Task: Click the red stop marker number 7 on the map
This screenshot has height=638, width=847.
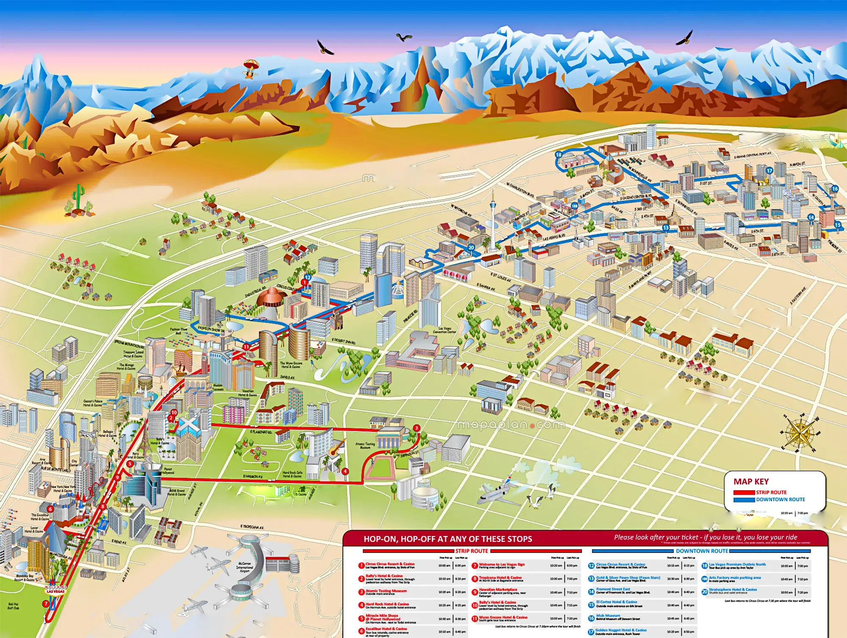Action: pyautogui.click(x=46, y=604)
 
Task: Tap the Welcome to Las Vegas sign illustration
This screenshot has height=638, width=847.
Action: pyautogui.click(x=55, y=590)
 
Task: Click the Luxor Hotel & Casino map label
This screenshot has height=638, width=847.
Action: pyautogui.click(x=34, y=530)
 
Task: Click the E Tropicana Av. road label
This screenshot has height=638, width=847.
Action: pyautogui.click(x=252, y=527)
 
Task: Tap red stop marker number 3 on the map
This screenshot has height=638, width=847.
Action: pyautogui.click(x=417, y=428)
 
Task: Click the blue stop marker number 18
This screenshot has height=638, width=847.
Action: pyautogui.click(x=558, y=155)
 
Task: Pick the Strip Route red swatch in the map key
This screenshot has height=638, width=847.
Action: pyautogui.click(x=744, y=492)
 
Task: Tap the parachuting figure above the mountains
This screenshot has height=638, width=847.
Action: pyautogui.click(x=251, y=68)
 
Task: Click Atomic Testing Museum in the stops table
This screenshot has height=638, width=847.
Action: pyautogui.click(x=386, y=591)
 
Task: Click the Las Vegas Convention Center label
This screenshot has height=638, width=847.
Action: pyautogui.click(x=444, y=330)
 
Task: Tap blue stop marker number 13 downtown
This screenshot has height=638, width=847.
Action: pyautogui.click(x=666, y=228)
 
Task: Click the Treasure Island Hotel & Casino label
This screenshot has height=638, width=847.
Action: pyautogui.click(x=133, y=354)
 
